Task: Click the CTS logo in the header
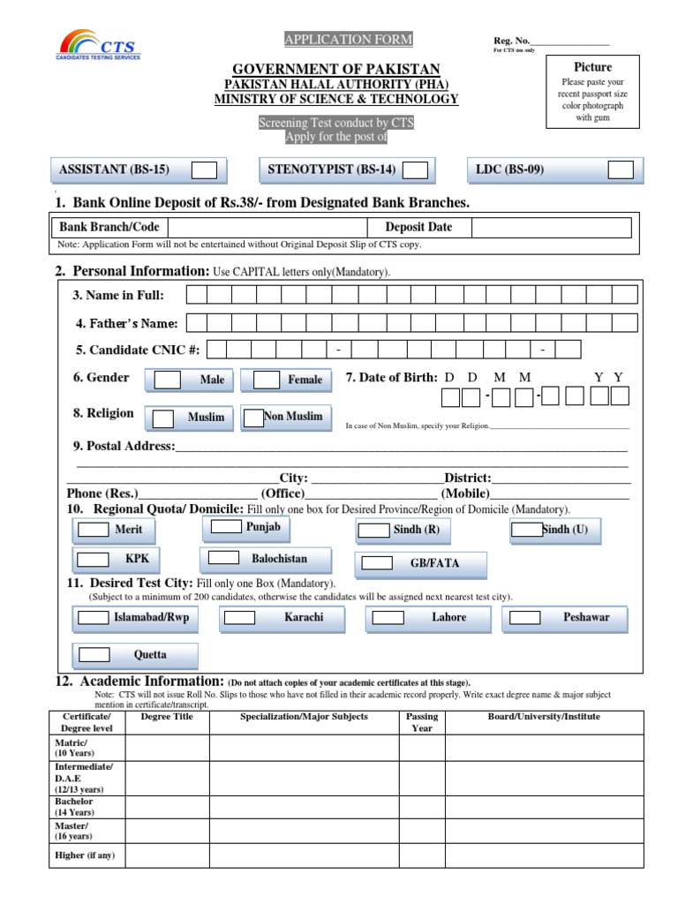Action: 99,44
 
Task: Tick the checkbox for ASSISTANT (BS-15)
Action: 205,170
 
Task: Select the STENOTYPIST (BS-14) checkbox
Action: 416,170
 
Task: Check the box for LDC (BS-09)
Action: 621,170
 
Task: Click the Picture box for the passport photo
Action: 592,100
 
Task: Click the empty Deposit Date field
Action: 551,228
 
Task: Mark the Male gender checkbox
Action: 168,380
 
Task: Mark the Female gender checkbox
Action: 267,380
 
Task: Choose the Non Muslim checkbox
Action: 253,417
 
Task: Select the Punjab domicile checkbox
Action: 227,527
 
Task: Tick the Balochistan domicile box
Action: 223,558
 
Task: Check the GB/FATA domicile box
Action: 377,563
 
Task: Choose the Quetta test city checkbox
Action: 94,655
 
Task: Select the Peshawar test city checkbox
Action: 524,618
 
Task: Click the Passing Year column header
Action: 422,722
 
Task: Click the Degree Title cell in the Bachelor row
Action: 167,807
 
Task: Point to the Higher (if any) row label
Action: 86,855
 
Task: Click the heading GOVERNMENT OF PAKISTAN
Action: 336,70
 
